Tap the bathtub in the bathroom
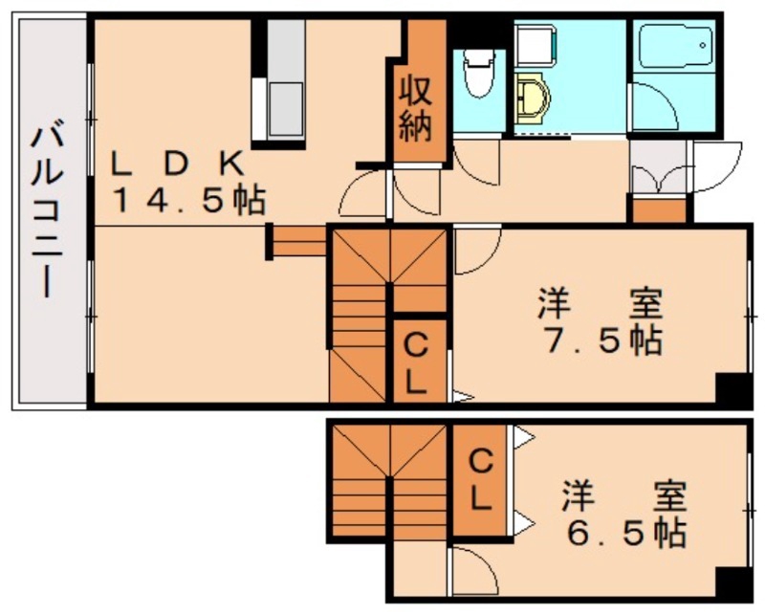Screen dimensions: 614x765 click(x=674, y=46)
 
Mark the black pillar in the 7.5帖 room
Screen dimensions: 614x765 click(x=733, y=387)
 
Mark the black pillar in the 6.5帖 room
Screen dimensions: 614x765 click(x=733, y=582)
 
